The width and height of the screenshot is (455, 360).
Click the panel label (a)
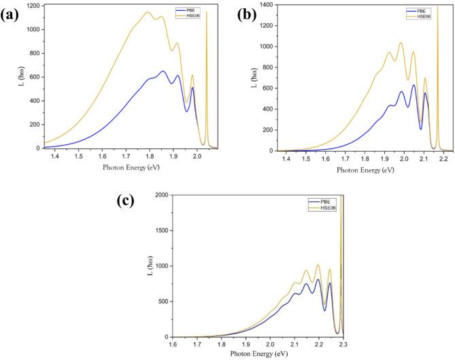point(12,14)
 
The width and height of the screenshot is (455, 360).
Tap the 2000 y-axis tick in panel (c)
point(162,195)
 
